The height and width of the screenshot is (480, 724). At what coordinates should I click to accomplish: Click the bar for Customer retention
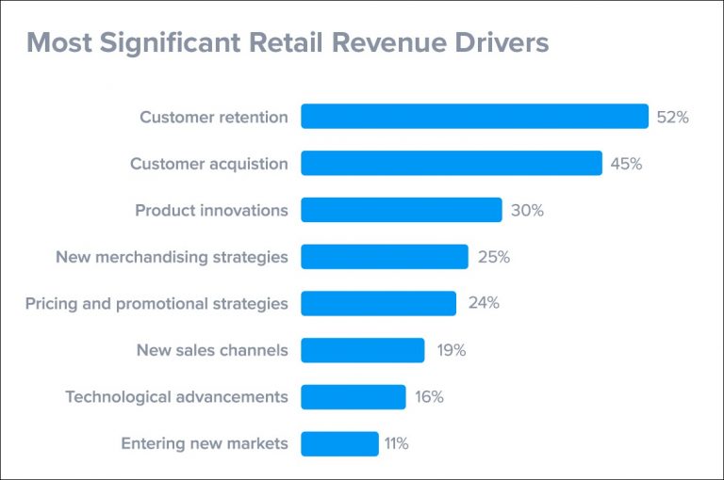[x=474, y=117]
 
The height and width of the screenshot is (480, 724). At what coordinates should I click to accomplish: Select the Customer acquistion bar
[x=451, y=164]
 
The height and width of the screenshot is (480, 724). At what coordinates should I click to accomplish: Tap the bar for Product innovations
[x=401, y=210]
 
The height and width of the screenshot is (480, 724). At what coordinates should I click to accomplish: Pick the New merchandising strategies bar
[x=384, y=257]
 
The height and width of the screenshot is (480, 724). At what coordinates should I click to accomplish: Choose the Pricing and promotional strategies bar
[x=378, y=303]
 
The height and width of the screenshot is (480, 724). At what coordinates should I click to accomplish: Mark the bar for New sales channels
[x=362, y=350]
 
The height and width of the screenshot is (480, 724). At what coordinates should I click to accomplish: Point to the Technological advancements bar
[x=353, y=396]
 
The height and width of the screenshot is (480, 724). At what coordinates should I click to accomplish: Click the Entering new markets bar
[x=339, y=443]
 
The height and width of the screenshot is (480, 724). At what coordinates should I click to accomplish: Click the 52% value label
[x=673, y=118]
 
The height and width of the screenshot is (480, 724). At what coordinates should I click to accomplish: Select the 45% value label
[x=626, y=164]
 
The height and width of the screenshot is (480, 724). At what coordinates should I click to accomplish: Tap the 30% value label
[x=527, y=211]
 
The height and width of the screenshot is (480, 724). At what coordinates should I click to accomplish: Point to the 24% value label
[x=484, y=303]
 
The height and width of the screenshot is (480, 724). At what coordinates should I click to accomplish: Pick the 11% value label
[x=396, y=443]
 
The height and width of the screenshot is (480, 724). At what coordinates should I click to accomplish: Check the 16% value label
[x=429, y=396]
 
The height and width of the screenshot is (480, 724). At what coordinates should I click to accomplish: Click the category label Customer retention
[x=214, y=118]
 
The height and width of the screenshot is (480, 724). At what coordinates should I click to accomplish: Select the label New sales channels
[x=212, y=350]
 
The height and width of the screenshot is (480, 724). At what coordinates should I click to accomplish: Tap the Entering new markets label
[x=205, y=443]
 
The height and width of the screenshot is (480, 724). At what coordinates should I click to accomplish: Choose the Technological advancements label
[x=176, y=396]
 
